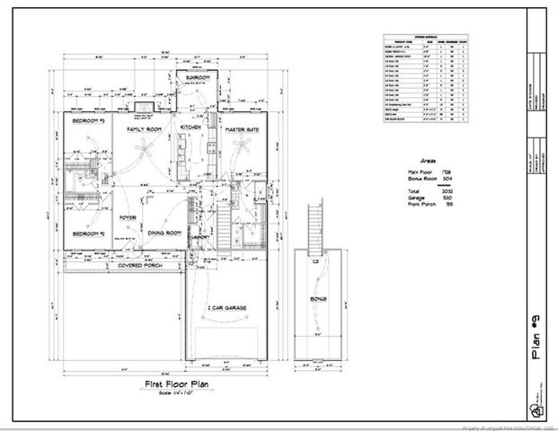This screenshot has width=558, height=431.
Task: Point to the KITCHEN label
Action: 190,128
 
